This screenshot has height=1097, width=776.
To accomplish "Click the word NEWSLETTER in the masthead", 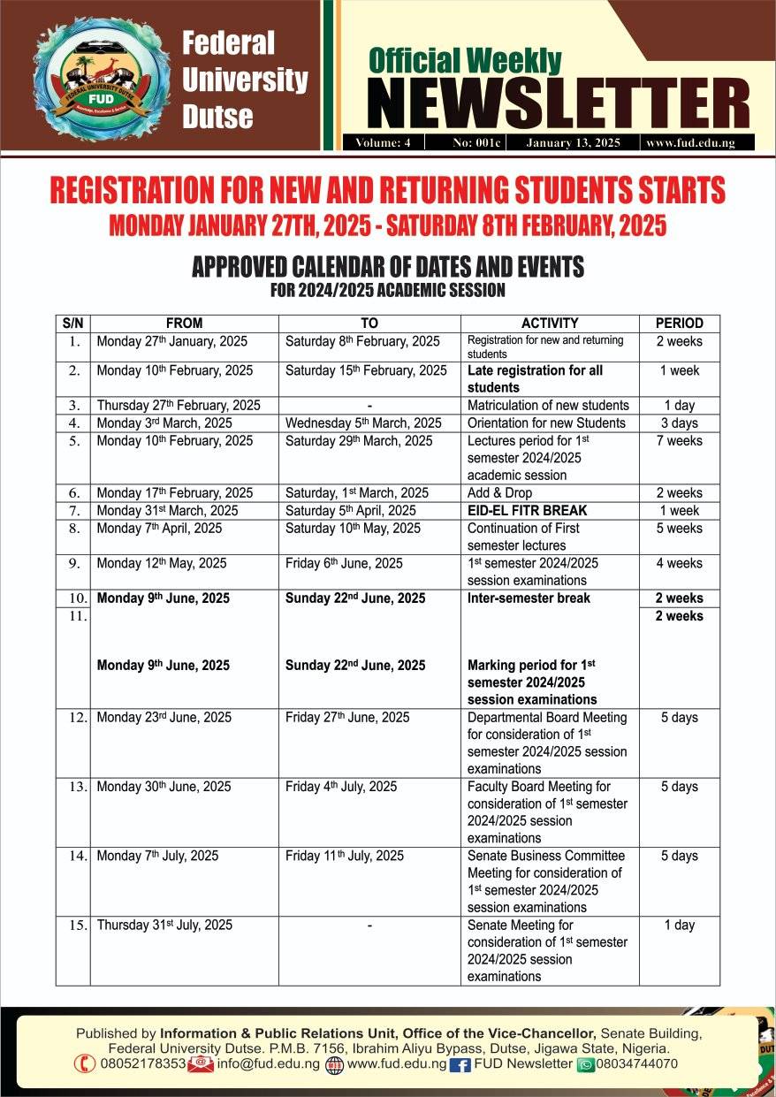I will [x=558, y=103].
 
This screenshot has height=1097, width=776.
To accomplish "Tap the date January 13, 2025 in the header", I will [x=573, y=142].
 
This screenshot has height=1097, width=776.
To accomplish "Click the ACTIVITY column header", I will [x=550, y=324].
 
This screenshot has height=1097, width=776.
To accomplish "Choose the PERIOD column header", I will [x=679, y=324].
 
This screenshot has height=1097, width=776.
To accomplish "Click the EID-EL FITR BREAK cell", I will [x=527, y=511].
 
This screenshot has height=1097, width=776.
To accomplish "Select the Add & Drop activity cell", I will [x=499, y=493].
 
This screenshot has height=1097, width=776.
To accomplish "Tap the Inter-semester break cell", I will [x=529, y=598].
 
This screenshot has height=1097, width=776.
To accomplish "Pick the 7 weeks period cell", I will [x=679, y=441].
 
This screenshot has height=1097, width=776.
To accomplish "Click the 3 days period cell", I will [x=679, y=423].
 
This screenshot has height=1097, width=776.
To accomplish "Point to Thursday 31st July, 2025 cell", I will [x=164, y=926].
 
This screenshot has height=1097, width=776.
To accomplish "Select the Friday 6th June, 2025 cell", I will [x=344, y=564].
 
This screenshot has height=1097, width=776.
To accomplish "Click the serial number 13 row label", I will [x=77, y=787].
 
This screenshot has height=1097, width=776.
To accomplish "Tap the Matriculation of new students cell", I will [x=548, y=406].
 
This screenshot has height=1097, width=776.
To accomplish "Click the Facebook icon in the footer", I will [x=460, y=1064].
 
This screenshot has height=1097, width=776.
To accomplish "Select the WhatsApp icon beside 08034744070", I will [x=585, y=1064].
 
